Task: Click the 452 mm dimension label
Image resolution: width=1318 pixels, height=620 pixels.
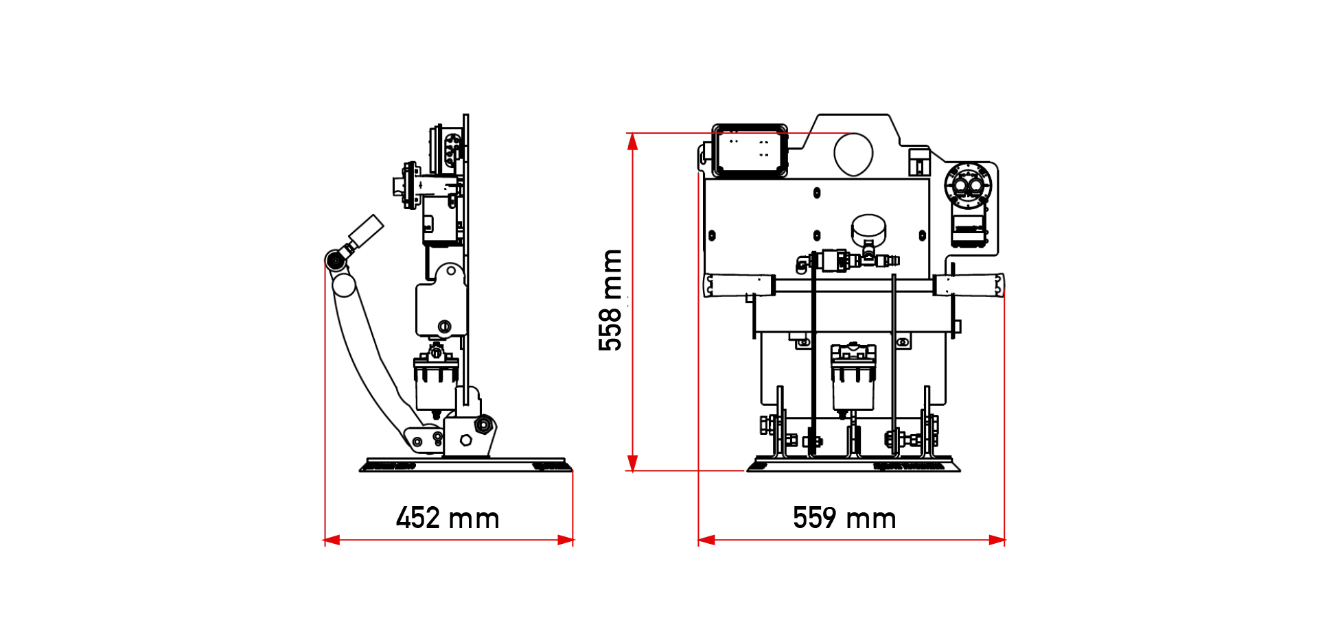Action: (448, 518)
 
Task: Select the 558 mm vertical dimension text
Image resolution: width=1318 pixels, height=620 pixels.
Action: (610, 300)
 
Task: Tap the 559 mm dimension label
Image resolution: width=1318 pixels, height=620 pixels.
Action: (844, 518)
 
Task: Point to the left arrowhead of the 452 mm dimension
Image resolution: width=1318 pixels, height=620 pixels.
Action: (332, 540)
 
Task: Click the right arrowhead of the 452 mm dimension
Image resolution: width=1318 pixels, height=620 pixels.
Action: (566, 540)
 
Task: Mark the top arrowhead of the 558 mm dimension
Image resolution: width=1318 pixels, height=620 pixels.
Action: (633, 141)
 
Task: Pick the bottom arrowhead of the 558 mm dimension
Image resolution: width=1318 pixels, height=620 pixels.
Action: (633, 463)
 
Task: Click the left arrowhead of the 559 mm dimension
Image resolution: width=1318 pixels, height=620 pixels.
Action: (706, 540)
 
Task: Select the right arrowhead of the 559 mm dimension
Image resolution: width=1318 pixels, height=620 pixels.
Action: (997, 540)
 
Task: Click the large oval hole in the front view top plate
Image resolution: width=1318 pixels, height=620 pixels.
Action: (853, 154)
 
